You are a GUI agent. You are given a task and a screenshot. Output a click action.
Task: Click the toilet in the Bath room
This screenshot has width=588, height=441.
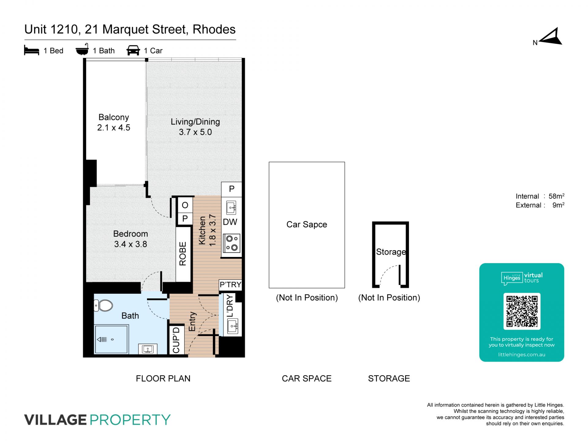[x=104, y=305]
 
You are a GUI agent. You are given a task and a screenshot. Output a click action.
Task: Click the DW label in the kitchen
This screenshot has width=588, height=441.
[x=230, y=222]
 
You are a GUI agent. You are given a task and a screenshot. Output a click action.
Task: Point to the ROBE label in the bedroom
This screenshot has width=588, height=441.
[x=183, y=254]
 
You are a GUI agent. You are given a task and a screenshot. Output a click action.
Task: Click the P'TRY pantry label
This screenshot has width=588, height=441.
[x=231, y=285]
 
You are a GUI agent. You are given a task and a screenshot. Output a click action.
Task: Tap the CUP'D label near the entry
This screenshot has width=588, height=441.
[x=176, y=340]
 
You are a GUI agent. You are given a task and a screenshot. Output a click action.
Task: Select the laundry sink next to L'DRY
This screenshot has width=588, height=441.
[x=232, y=326]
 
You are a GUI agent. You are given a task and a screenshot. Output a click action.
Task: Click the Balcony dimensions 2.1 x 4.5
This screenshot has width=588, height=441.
[x=114, y=128]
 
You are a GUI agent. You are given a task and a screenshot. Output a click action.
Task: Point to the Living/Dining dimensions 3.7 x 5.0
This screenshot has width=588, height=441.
[x=195, y=132]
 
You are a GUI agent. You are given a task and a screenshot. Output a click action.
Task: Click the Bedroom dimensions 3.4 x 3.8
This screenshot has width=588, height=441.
[x=130, y=244]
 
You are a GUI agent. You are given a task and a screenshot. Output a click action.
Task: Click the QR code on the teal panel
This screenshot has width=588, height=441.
[x=522, y=311]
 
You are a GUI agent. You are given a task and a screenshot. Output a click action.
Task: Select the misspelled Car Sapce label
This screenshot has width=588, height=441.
[x=307, y=224]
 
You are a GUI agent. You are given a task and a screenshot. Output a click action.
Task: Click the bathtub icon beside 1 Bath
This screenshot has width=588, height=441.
[x=82, y=50]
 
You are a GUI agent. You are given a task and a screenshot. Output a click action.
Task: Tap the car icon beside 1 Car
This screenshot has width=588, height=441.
[x=133, y=51]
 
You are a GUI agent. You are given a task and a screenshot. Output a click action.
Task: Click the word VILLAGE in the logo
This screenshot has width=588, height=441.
[x=55, y=420]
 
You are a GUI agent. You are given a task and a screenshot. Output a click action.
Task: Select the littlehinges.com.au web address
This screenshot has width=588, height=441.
[x=522, y=355]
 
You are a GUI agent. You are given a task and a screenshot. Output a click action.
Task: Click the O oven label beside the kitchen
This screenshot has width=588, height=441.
[x=185, y=205]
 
